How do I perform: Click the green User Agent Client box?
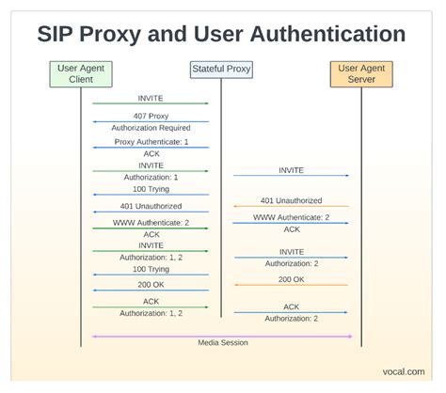click(x=81, y=73)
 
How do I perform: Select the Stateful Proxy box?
click(x=221, y=69)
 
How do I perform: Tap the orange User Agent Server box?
click(x=362, y=73)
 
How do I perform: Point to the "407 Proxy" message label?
click(x=151, y=116)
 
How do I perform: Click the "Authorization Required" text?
click(x=151, y=127)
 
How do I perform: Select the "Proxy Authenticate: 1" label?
click(x=151, y=141)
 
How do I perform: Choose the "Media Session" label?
click(x=222, y=342)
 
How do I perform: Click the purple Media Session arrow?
click(x=222, y=335)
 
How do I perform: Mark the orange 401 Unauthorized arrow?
click(x=291, y=207)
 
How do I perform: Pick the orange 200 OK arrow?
click(x=291, y=285)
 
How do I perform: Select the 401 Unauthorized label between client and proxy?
click(x=151, y=206)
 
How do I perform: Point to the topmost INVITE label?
click(x=151, y=97)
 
